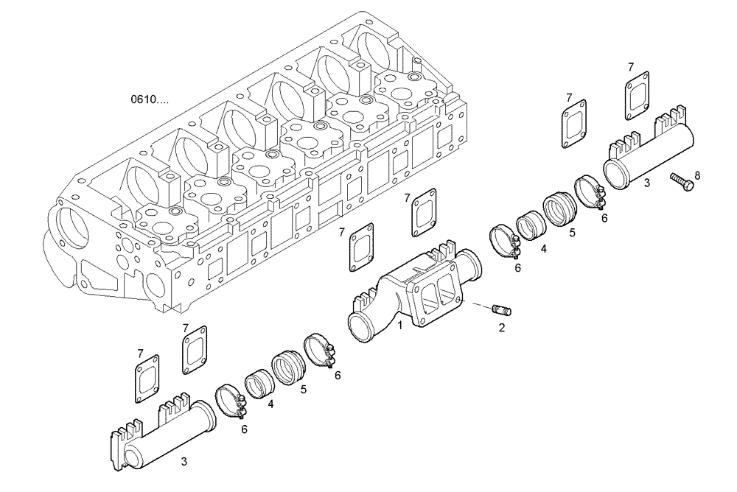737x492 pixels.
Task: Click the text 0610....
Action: pos(150,99)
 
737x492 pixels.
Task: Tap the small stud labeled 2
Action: pos(505,310)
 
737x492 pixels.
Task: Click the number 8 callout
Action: pos(697,175)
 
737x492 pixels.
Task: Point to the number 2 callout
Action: pos(501,328)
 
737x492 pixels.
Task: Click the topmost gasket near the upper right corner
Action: pos(637,94)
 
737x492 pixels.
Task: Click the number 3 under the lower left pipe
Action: pos(184,462)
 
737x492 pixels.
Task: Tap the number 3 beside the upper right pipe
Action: pos(646,181)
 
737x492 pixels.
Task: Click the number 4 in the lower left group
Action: pos(271,404)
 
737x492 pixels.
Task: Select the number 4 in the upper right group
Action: pos(543,249)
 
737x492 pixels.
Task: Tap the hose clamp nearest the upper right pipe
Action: pos(590,192)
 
